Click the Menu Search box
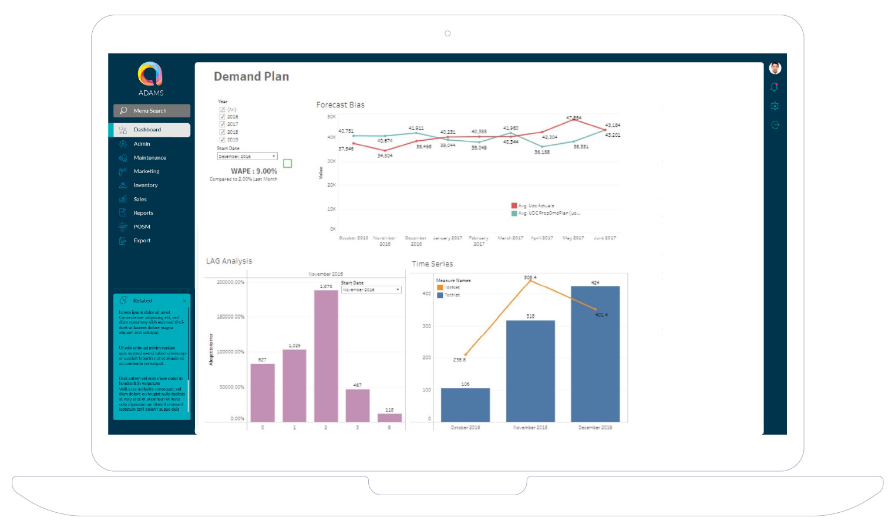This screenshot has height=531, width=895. (x=152, y=111)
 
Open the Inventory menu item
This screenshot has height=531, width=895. (x=145, y=185)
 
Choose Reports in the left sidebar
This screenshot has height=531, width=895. (x=143, y=213)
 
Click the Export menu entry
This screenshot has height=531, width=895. (x=142, y=241)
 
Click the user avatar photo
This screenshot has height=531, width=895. (x=775, y=68)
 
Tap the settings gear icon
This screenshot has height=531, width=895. (x=775, y=106)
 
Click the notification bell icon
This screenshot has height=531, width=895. (x=775, y=87)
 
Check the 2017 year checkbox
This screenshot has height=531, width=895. (x=223, y=124)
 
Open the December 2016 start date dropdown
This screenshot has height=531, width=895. (x=247, y=157)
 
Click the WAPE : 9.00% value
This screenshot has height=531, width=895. (x=254, y=171)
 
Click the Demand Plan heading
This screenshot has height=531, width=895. (x=251, y=76)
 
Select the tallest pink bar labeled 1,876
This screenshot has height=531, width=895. (x=326, y=355)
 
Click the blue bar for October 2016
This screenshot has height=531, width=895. (x=465, y=404)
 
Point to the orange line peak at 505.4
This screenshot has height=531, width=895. (x=530, y=280)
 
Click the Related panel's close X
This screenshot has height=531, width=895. (x=184, y=301)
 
